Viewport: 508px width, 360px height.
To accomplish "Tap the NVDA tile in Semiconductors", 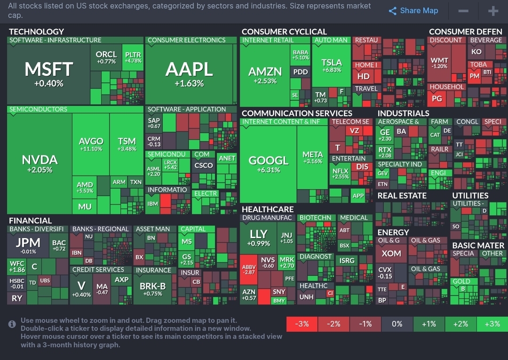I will (x=40, y=163).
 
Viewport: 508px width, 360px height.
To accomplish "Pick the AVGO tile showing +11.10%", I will (x=91, y=144).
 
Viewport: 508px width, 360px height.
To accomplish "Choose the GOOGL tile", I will (x=268, y=163).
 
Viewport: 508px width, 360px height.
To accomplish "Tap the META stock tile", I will (x=312, y=157).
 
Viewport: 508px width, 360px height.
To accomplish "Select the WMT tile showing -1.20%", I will (x=439, y=63).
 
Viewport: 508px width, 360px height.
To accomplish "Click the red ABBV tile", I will (x=248, y=270).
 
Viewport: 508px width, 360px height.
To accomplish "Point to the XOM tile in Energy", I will (x=391, y=254).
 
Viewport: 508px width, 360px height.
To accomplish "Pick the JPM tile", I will (x=28, y=245).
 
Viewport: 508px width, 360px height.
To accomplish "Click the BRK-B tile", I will (x=152, y=288).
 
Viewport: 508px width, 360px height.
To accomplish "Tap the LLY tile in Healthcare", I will (x=258, y=237).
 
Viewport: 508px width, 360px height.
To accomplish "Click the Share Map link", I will (x=413, y=11).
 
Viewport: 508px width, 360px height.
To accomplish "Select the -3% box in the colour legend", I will (x=302, y=324).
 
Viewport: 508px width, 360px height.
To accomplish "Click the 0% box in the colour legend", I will (x=397, y=324).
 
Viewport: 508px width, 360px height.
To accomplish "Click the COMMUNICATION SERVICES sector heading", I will (x=297, y=113).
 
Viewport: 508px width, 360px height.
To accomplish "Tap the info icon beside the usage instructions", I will (x=12, y=324).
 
